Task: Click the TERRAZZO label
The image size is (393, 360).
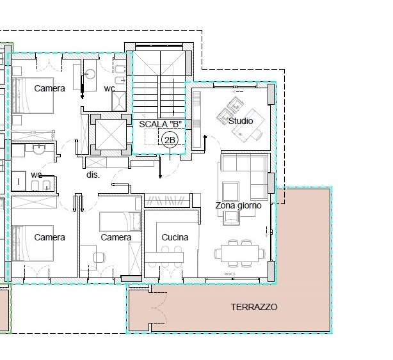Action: click(254, 307)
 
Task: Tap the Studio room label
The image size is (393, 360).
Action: click(241, 121)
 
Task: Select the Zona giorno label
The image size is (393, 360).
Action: click(238, 205)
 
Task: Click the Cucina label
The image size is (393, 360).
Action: click(175, 237)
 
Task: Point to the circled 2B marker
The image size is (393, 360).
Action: click(170, 140)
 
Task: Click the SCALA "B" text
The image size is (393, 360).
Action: click(161, 124)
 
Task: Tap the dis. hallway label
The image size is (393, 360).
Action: click(93, 175)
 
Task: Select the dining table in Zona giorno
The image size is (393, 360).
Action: click(239, 253)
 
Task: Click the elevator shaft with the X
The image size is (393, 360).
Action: click(111, 135)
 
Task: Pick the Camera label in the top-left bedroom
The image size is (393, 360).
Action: click(50, 88)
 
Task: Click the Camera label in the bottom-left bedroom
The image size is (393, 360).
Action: click(50, 237)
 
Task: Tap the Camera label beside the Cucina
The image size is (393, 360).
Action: click(116, 237)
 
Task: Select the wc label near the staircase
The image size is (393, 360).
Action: click(109, 88)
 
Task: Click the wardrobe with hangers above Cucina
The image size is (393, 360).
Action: click(167, 200)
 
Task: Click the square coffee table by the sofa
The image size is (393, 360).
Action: click(230, 191)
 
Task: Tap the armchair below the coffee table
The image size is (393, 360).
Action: click(231, 218)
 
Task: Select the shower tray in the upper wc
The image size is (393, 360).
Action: click(119, 102)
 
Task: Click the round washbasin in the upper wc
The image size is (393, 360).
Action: click(90, 74)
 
